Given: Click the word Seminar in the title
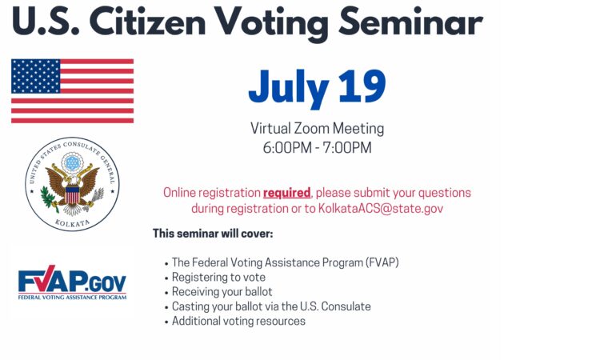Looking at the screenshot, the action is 410,22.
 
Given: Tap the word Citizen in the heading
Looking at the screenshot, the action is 150,22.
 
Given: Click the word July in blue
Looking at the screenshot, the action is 289,89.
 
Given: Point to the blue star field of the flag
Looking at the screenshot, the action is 35,76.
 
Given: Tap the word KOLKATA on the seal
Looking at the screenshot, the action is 72,222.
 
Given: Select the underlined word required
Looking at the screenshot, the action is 286,193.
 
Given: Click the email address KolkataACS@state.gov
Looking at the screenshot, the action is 381,209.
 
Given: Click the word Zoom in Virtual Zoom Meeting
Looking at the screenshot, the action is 311,129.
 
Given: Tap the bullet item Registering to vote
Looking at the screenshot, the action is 218,277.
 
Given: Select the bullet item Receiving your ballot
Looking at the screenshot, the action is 222,292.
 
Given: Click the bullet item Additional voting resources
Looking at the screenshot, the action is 238,321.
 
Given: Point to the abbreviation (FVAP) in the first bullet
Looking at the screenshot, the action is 382,262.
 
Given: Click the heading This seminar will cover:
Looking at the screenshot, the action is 213,234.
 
